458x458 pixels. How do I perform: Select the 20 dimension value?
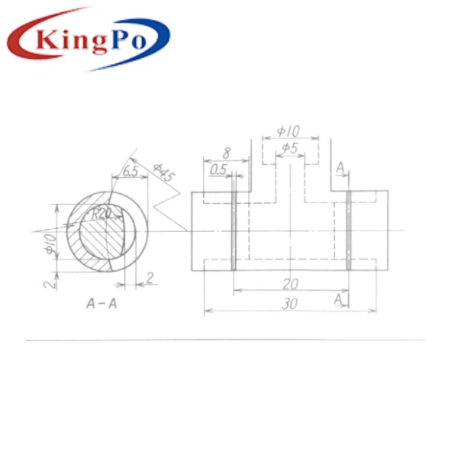tap(291, 283)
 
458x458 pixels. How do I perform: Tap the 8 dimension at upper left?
tap(226, 153)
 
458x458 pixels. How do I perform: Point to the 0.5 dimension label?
tap(218, 169)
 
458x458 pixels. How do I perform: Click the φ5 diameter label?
tap(289, 147)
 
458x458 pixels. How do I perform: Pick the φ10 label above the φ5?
tap(289, 131)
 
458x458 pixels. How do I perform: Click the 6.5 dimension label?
tap(131, 172)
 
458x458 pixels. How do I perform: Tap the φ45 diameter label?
tap(163, 173)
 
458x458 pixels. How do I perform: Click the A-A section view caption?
tap(101, 303)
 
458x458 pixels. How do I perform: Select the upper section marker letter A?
tap(340, 167)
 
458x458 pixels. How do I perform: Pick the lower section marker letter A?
tap(338, 300)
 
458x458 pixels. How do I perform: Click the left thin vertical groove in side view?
tap(234, 229)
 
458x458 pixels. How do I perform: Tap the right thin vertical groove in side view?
tap(348, 229)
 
